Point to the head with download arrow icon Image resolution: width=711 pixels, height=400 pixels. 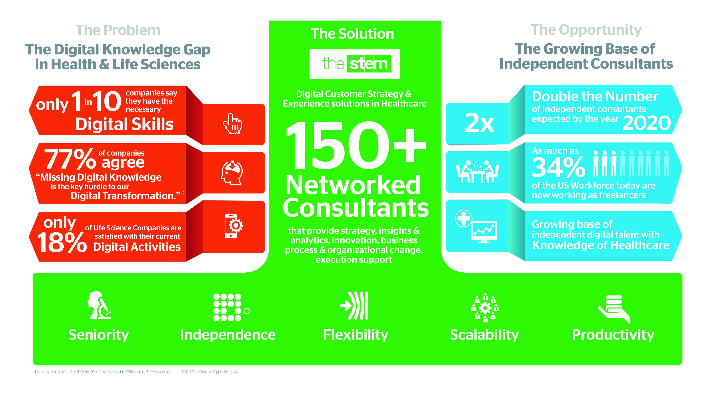tap(232, 172)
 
